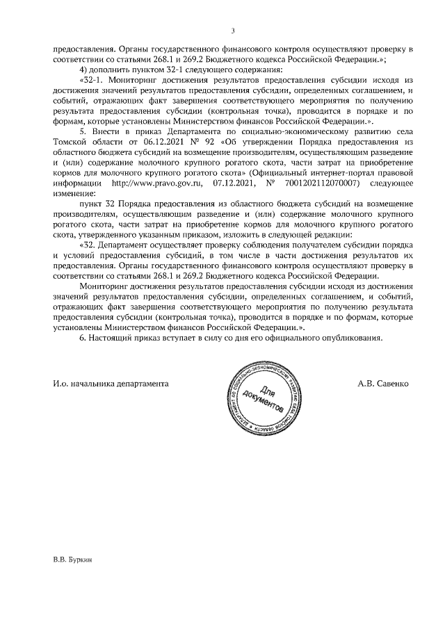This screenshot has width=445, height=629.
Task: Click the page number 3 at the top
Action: tap(233, 30)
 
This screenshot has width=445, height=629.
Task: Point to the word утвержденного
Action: tap(92, 236)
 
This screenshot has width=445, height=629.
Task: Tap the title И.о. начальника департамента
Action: tap(111, 384)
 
